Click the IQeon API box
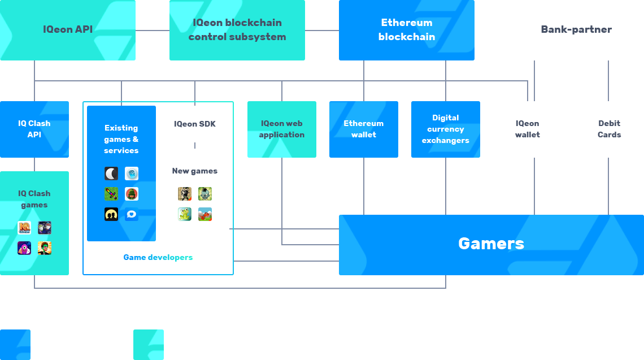[68, 30]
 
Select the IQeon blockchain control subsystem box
[237, 30]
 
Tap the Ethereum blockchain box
[407, 30]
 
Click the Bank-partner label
[576, 29]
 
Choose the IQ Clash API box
[34, 129]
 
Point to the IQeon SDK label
[195, 124]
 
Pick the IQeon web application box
[282, 129]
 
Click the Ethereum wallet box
[363, 129]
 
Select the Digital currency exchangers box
[446, 129]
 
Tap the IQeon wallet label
[528, 129]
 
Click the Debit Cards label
[609, 129]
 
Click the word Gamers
[491, 244]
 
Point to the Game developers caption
[158, 258]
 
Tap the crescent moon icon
[111, 174]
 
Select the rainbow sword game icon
[111, 194]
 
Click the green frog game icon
[185, 214]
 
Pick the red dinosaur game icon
[205, 214]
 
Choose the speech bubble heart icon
[132, 214]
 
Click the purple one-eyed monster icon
[24, 248]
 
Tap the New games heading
[195, 171]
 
